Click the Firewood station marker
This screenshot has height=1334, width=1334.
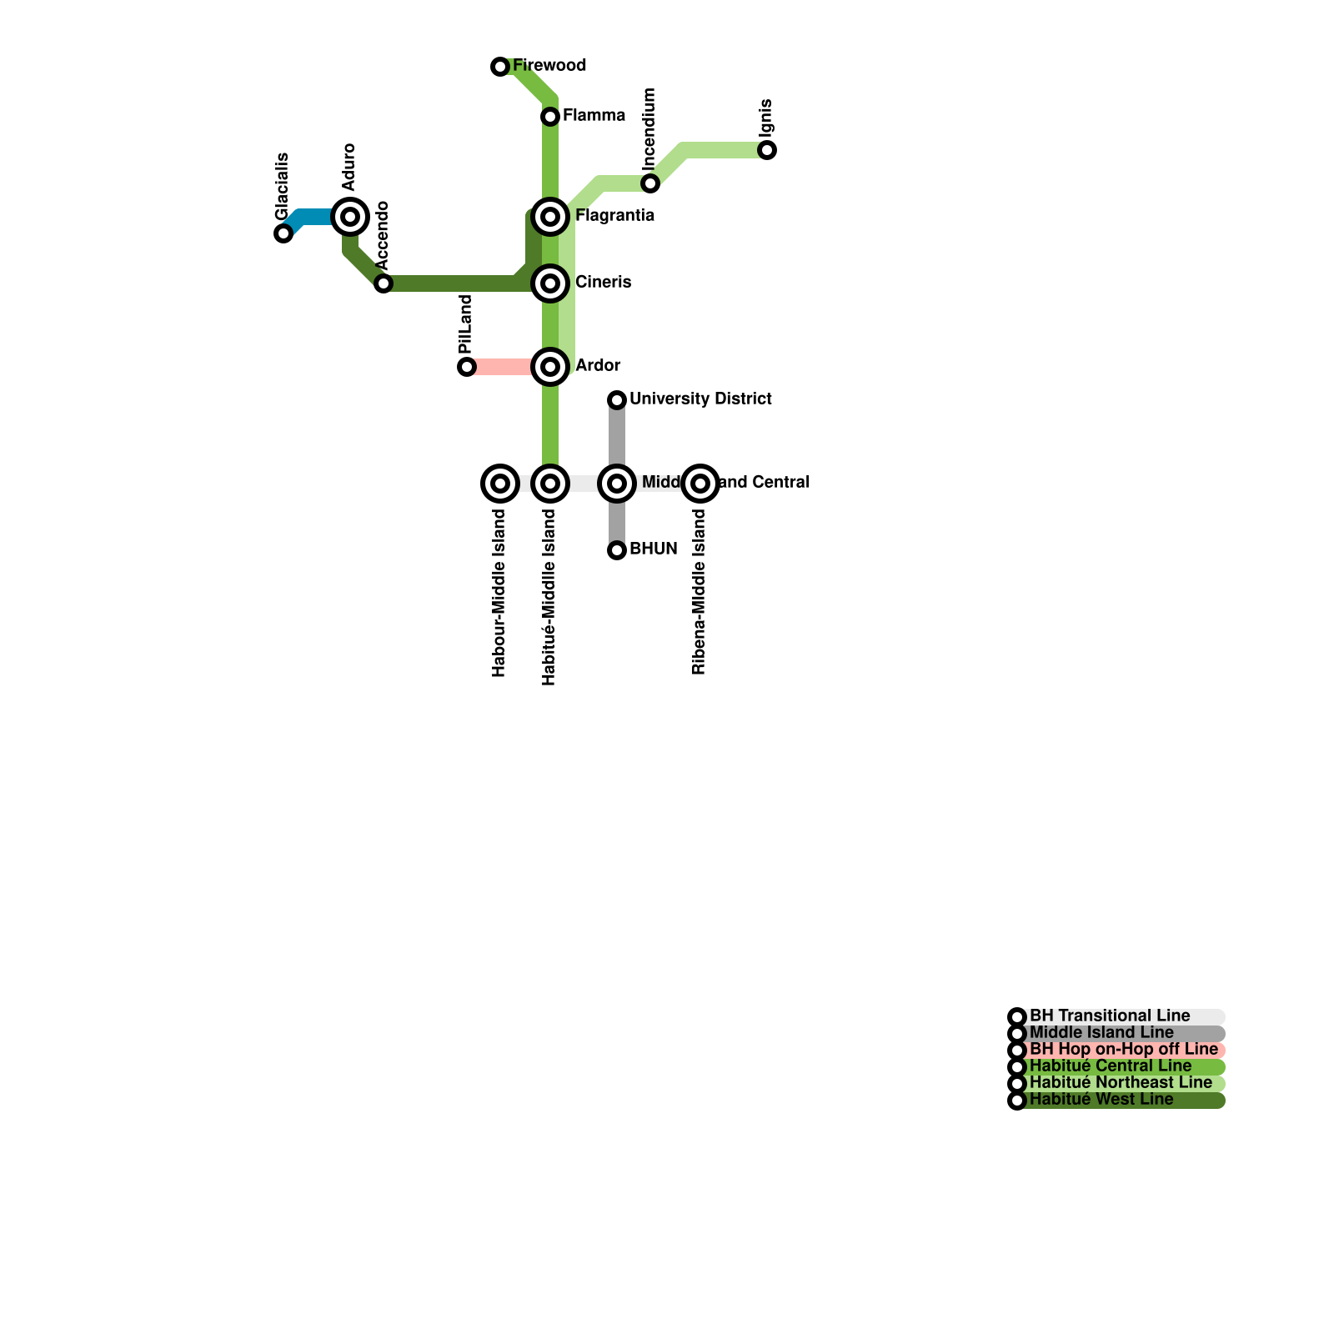tap(500, 67)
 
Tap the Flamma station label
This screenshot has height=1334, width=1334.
tap(594, 116)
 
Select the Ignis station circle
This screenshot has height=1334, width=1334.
tap(767, 150)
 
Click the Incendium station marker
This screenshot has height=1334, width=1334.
tap(650, 183)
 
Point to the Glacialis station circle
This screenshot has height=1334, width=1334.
tap(283, 233)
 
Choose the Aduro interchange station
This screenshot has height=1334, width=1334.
tap(350, 217)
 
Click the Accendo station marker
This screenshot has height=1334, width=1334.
tap(384, 283)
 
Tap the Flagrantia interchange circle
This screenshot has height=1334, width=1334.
tap(550, 217)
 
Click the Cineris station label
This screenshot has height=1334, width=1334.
tap(603, 283)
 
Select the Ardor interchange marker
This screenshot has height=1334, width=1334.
tap(550, 367)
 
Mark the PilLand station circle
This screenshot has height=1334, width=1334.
tap(467, 367)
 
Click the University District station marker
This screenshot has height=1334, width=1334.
tap(617, 400)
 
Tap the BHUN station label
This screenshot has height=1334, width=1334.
tap(653, 549)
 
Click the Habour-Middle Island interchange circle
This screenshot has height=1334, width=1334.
tap(500, 484)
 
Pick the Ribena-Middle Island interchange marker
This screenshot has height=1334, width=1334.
tap(700, 484)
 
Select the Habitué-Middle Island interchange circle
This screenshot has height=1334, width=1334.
tap(550, 484)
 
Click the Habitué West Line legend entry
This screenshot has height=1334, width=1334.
tap(1101, 1101)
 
